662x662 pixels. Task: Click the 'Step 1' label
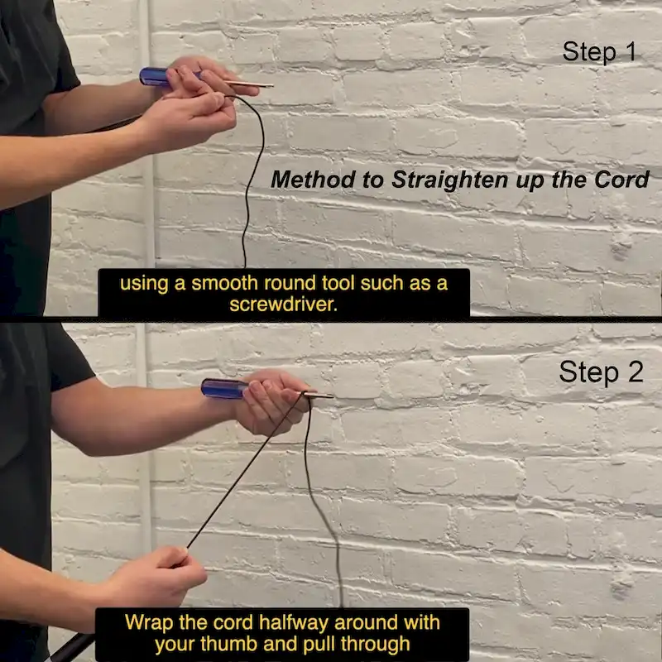click(x=599, y=52)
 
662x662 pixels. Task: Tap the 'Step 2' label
click(x=602, y=372)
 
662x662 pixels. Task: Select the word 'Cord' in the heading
click(x=621, y=180)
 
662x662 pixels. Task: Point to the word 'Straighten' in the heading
click(x=450, y=180)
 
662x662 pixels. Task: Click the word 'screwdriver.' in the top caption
click(x=284, y=304)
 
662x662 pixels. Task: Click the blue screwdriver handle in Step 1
click(x=155, y=77)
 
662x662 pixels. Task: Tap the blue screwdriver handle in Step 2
click(x=224, y=388)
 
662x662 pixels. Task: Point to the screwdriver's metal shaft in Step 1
click(x=248, y=84)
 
